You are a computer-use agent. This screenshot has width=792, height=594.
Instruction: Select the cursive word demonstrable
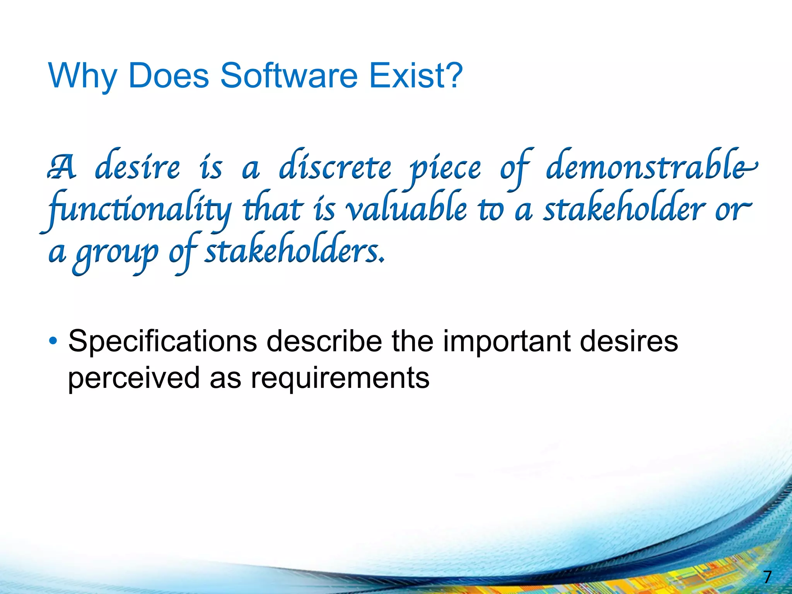point(650,167)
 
